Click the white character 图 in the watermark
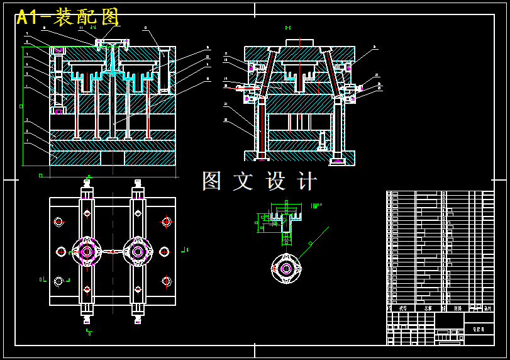pyautogui.click(x=213, y=181)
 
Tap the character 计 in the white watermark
pyautogui.click(x=307, y=181)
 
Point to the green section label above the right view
pyautogui.click(x=288, y=28)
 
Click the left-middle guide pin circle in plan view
pyautogui.click(x=61, y=252)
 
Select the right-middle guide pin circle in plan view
pyautogui.click(x=164, y=252)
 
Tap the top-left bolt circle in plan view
pyautogui.click(x=58, y=222)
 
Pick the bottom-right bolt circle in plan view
pyautogui.click(x=167, y=281)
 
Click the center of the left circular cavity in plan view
pyautogui.click(x=87, y=252)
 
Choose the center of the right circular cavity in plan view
pyautogui.click(x=138, y=252)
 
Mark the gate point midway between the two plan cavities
pyautogui.click(x=112, y=252)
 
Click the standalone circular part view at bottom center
pyautogui.click(x=286, y=268)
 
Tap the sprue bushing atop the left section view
pyautogui.click(x=113, y=43)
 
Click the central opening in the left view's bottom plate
pyautogui.click(x=113, y=158)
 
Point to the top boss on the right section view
pyautogui.click(x=299, y=43)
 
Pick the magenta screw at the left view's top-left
pyautogui.click(x=58, y=50)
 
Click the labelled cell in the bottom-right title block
pyautogui.click(x=479, y=329)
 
